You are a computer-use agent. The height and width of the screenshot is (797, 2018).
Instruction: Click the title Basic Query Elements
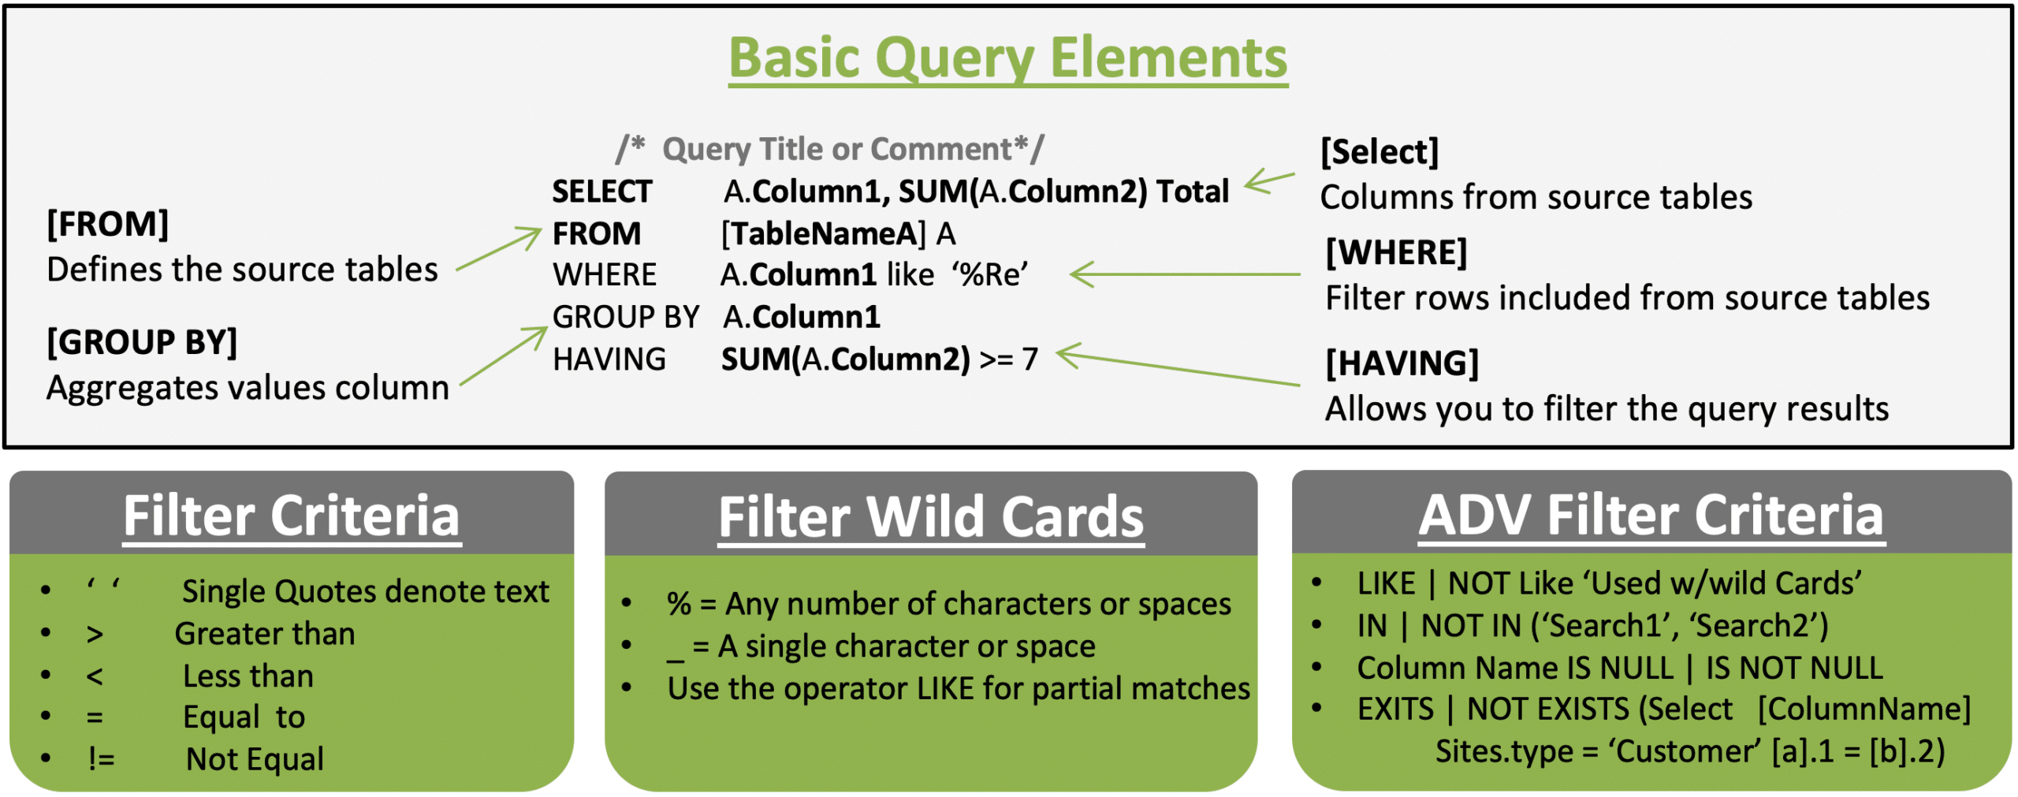1007,58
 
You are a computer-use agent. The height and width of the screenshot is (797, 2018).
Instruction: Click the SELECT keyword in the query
601,192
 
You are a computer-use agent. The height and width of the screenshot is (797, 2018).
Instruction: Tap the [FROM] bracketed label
108,224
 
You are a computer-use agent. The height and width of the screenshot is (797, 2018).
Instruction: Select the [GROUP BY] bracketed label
142,342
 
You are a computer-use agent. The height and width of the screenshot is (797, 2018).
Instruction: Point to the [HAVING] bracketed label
1402,363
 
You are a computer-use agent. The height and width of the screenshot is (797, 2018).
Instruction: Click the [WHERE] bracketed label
1395,252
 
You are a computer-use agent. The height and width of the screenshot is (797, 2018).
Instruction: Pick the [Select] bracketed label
1379,151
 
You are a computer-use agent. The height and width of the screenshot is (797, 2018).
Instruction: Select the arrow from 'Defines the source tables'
499,248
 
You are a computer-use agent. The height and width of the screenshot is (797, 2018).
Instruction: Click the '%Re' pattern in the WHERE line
990,274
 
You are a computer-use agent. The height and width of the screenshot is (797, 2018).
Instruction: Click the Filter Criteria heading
292,516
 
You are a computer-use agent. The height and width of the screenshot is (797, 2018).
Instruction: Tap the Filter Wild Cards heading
931,517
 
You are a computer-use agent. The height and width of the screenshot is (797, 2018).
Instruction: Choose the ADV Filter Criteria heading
1651,516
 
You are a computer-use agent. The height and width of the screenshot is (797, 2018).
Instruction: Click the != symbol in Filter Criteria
102,759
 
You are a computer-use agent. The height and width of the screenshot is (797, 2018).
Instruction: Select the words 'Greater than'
265,634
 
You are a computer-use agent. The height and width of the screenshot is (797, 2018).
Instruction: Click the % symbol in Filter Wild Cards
679,604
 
